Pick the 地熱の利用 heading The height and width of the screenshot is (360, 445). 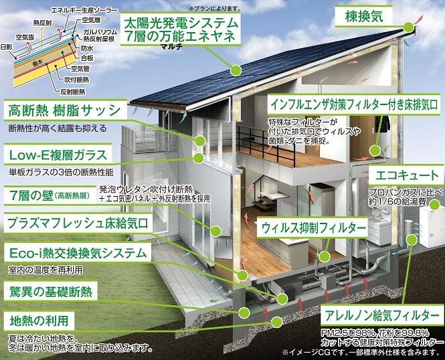tap(41, 321)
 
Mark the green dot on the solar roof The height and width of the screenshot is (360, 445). tap(236, 70)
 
